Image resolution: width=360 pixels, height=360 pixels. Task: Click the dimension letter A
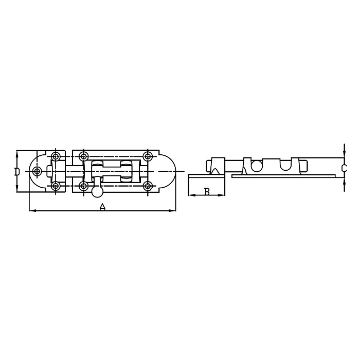coord(102,207)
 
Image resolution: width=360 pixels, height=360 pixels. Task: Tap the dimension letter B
coord(207,192)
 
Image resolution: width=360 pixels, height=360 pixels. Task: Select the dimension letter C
coord(344,168)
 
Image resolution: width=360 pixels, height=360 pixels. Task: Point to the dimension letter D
coord(17,171)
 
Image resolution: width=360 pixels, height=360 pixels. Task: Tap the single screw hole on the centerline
coord(37,171)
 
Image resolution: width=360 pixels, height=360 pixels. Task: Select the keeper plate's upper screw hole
coord(56,156)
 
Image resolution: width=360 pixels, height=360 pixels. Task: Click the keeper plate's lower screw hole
coord(56,186)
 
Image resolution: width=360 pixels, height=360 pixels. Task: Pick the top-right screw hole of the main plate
coord(148,156)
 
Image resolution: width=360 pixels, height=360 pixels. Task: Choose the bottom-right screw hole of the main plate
coord(148,186)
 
